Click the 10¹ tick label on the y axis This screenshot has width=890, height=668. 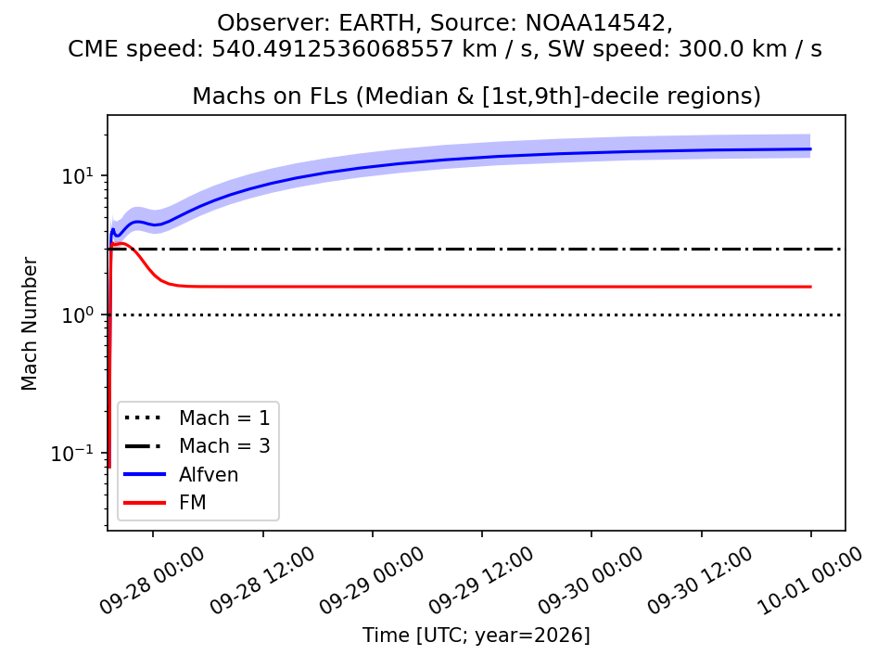77,175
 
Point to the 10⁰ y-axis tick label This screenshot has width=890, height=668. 77,315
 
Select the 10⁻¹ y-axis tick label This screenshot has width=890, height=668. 72,454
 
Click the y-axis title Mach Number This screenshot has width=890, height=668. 29,324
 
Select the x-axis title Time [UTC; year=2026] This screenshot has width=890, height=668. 477,635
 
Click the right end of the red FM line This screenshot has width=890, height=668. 810,287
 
